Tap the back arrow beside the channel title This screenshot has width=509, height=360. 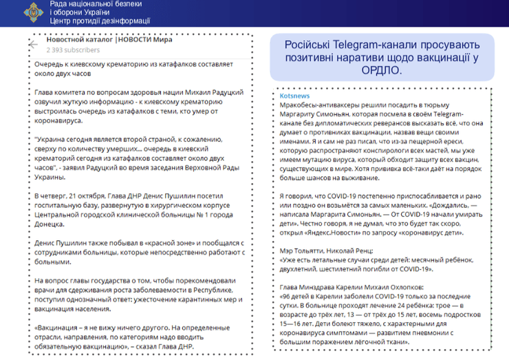tap(34, 44)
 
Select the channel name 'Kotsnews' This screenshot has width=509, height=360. tap(294, 96)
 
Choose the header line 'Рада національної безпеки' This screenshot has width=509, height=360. tap(95, 4)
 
